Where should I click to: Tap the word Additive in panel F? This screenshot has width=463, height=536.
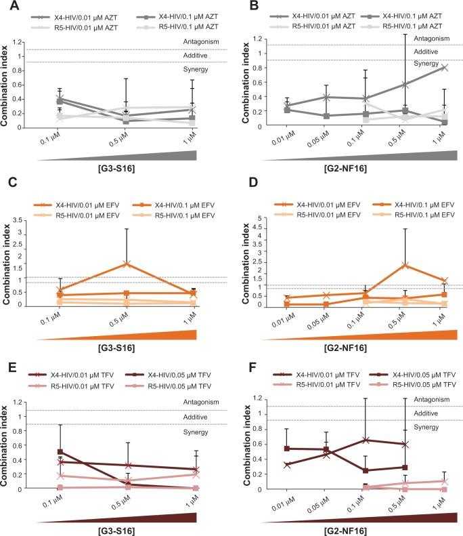(x=424, y=413)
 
